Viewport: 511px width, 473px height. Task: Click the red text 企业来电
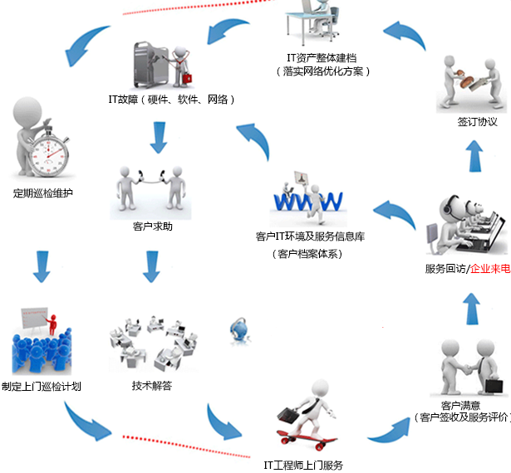click(x=490, y=268)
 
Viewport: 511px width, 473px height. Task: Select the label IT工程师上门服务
click(x=302, y=465)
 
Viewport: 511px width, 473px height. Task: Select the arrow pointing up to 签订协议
click(x=474, y=155)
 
